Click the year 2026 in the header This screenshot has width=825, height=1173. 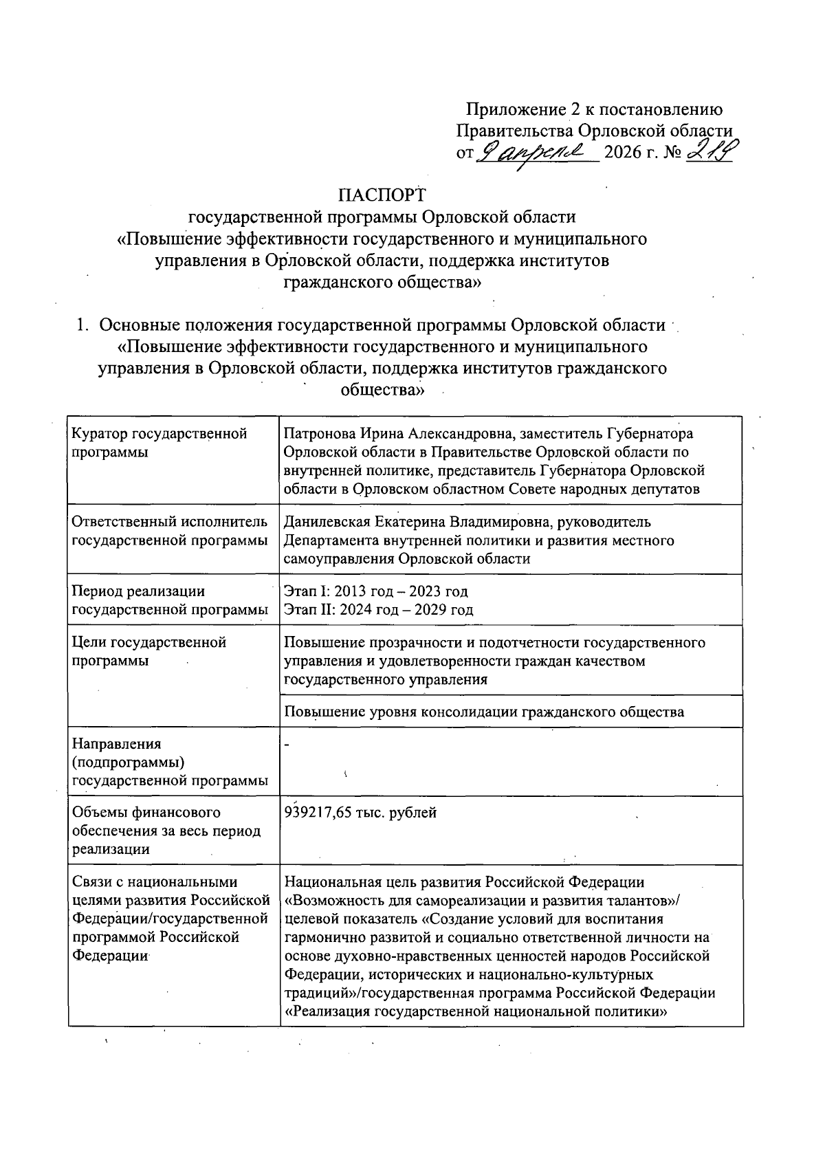pos(620,155)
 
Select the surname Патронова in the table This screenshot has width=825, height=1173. pos(318,434)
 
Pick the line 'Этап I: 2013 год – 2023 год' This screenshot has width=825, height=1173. pos(375,591)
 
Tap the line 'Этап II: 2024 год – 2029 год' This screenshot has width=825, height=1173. pos(378,609)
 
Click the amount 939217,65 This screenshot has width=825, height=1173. pos(318,813)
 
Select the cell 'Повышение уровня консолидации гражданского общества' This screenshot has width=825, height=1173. pos(484,712)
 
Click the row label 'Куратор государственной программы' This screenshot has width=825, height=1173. pos(159,443)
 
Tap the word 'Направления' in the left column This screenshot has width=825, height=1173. pos(116,744)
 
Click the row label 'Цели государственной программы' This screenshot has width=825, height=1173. pos(149,651)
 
